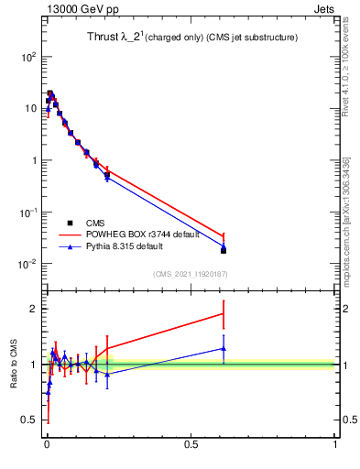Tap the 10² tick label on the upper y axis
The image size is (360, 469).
29,56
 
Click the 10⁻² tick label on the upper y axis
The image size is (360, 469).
27,264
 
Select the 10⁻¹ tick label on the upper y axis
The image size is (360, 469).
27,212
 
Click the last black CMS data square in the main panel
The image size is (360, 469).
224,250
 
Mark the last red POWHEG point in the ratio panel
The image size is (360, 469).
224,314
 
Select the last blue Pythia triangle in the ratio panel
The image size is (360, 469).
224,348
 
